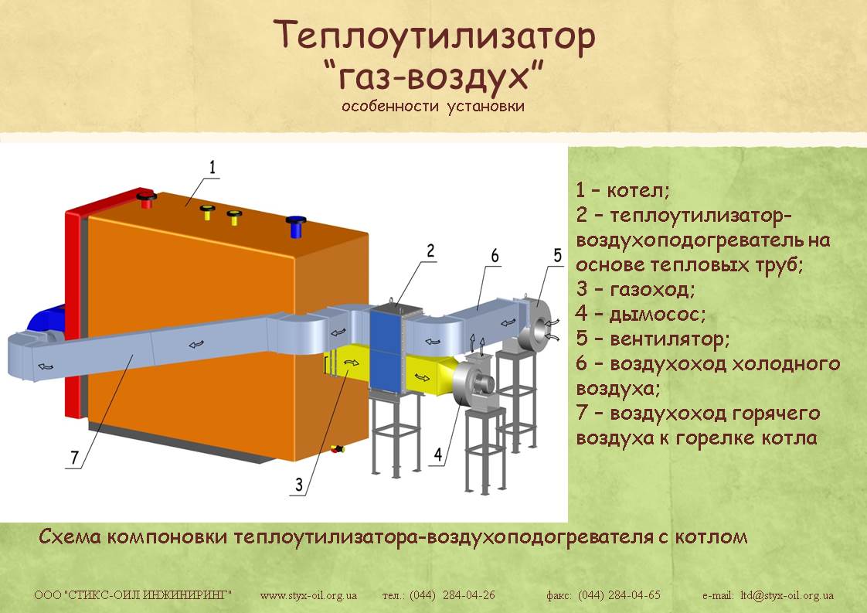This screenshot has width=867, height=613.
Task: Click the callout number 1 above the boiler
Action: click(212, 167)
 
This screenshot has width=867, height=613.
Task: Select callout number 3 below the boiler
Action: click(299, 485)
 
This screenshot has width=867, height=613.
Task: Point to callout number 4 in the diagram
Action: click(438, 455)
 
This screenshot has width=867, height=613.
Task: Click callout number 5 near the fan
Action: click(557, 256)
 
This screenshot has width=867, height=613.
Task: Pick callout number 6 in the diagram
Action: click(495, 256)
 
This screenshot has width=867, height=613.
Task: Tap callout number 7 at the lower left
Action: click(75, 458)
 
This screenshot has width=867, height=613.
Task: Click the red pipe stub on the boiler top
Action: click(147, 199)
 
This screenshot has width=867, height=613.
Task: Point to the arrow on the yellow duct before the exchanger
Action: click(351, 363)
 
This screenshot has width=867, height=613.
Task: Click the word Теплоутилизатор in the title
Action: click(434, 36)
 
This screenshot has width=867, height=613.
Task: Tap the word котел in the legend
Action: click(638, 191)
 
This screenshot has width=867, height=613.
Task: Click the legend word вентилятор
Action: click(670, 339)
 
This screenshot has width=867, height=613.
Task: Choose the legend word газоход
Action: click(652, 289)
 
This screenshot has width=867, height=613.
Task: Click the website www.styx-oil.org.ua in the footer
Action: click(308, 595)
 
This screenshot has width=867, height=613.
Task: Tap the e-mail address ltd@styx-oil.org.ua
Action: click(787, 595)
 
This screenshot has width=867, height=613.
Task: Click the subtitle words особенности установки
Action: click(433, 106)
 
